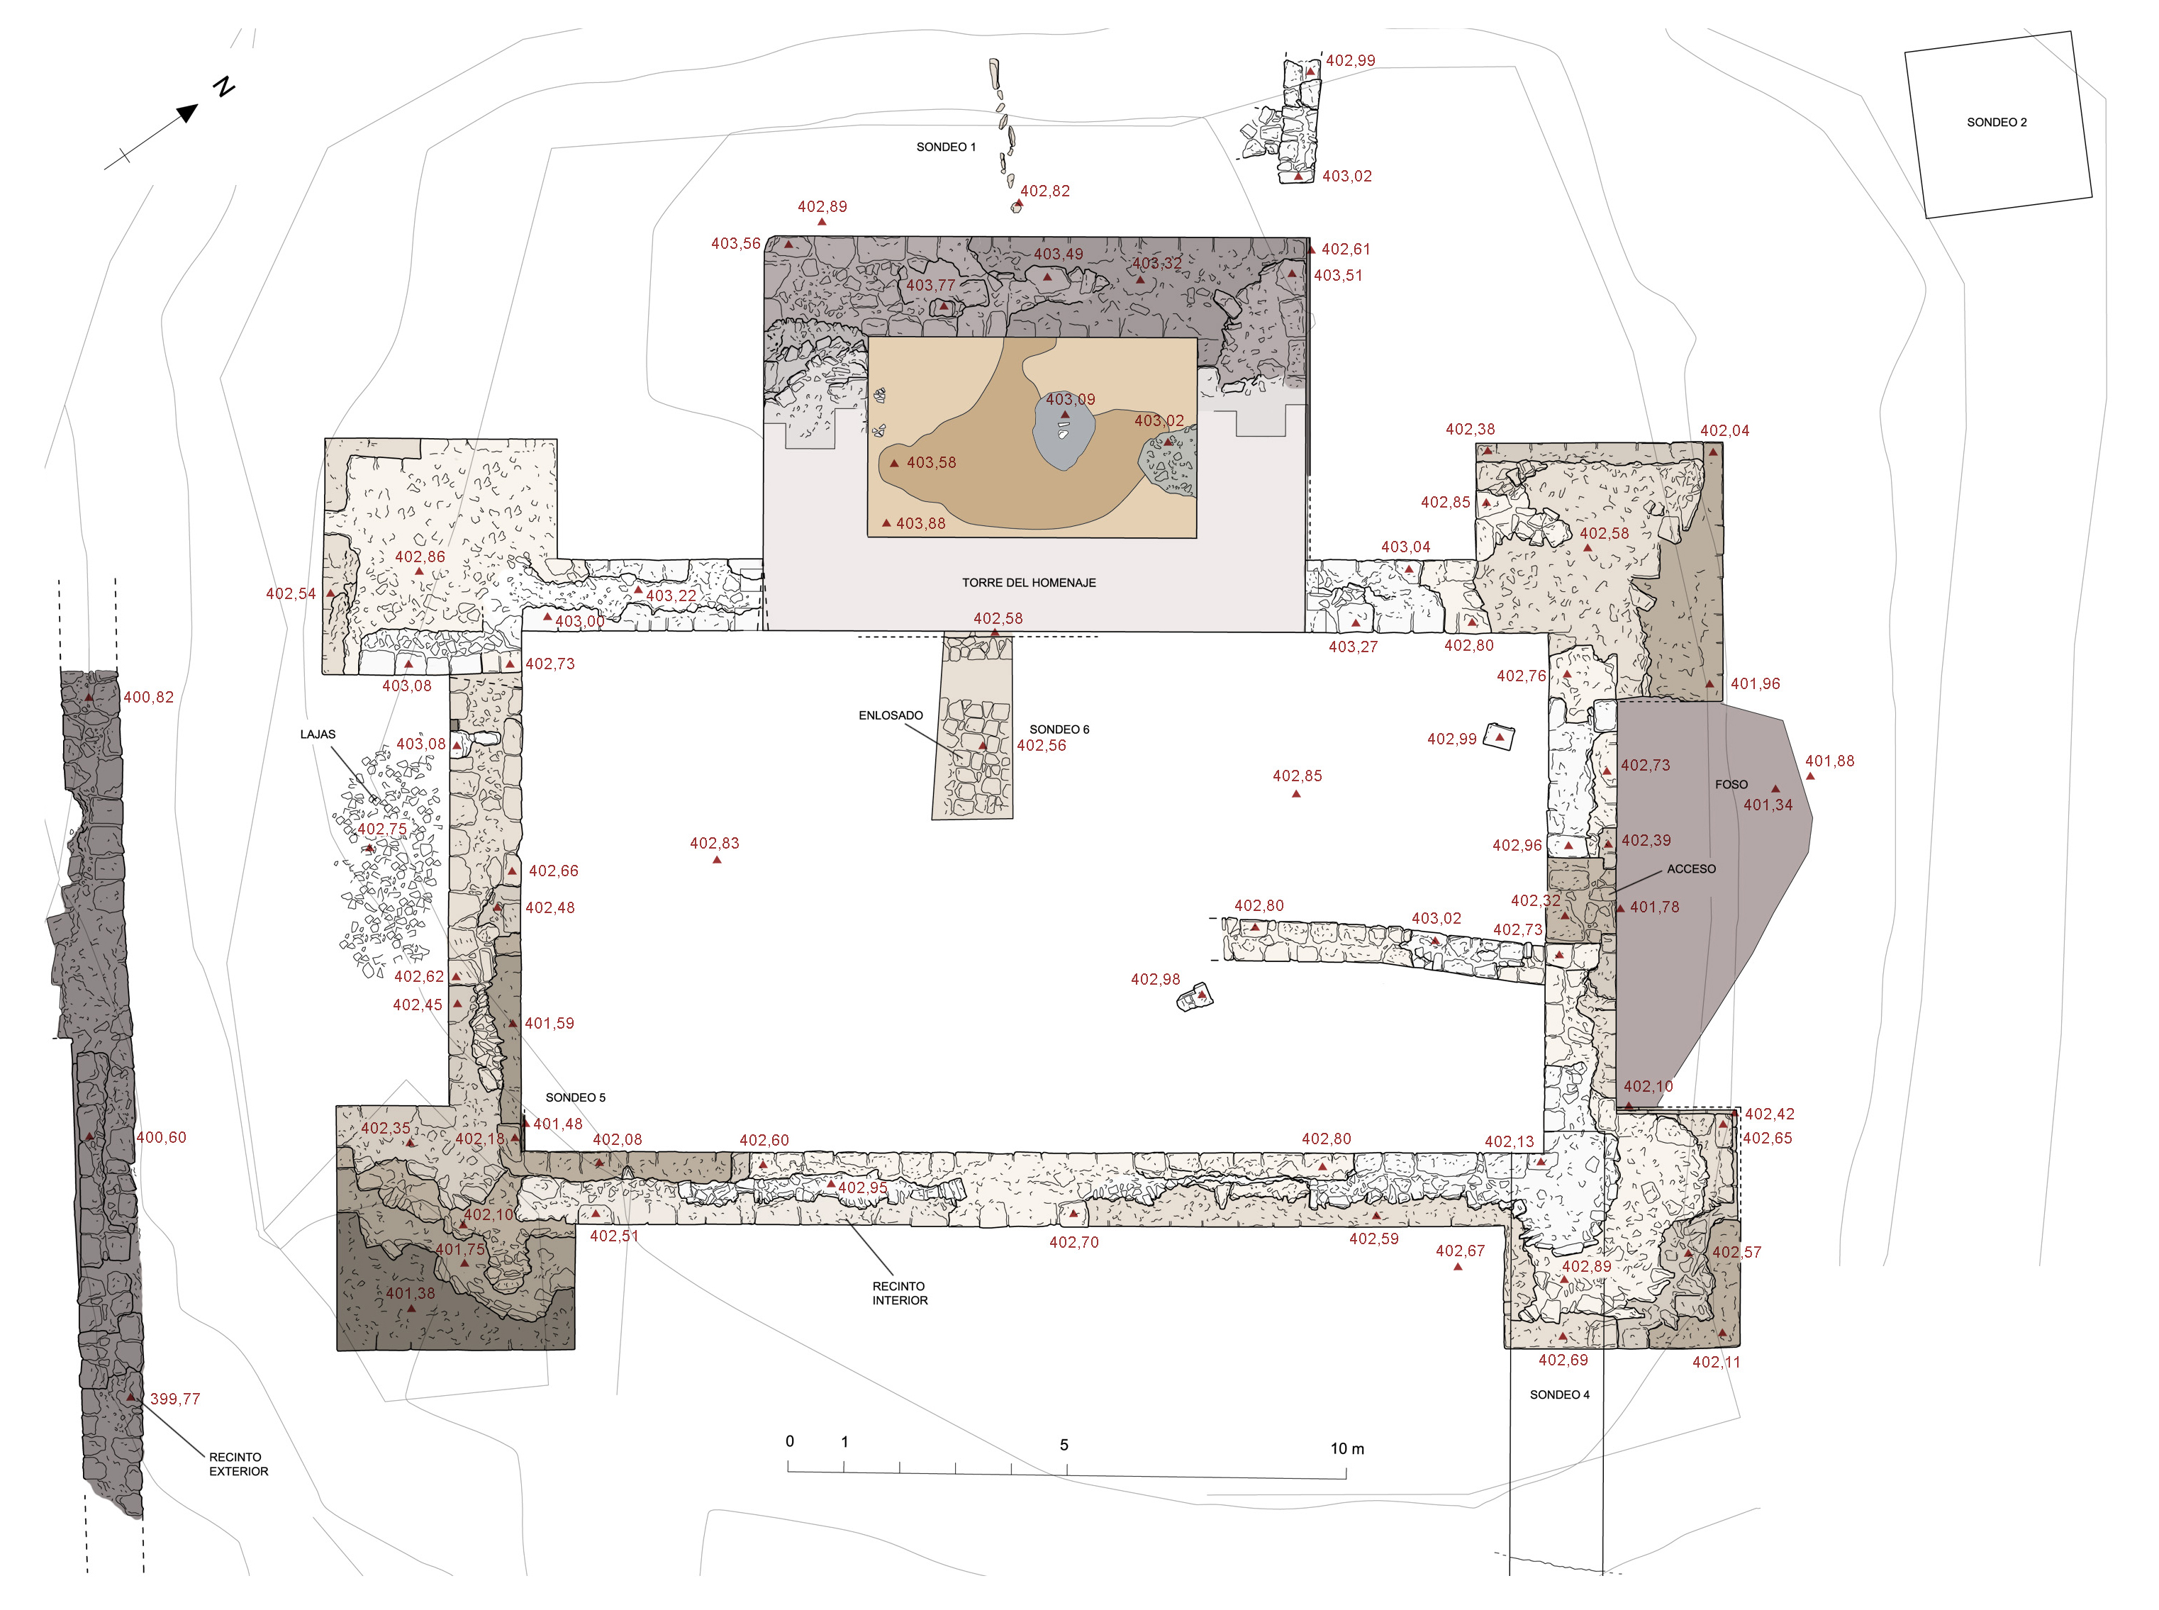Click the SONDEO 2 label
(x=1996, y=123)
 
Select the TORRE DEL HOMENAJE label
(x=1028, y=583)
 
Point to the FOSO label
(x=1731, y=785)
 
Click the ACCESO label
(x=1691, y=869)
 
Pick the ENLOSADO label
(x=890, y=715)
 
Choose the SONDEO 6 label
(x=1059, y=729)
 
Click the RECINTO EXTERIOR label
(x=238, y=1465)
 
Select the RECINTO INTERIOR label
(x=898, y=1293)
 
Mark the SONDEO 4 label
(x=1558, y=1394)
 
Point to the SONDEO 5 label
(x=575, y=1097)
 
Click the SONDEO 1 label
(x=945, y=147)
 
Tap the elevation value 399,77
(x=174, y=1399)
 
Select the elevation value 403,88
(x=920, y=523)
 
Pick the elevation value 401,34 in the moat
(x=1767, y=805)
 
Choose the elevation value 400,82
(x=148, y=697)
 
